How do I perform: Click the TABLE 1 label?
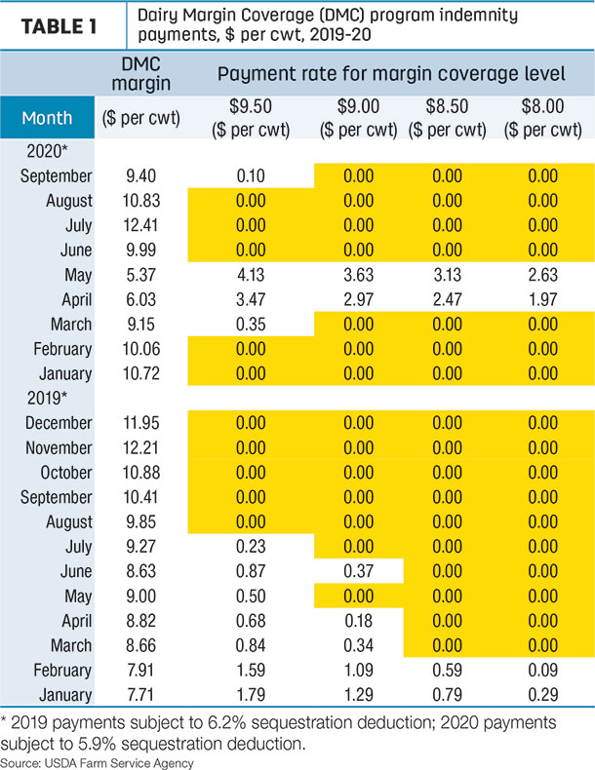[59, 26]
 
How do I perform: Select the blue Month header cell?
[47, 117]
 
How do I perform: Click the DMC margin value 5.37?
[141, 275]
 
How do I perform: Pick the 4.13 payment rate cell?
[251, 275]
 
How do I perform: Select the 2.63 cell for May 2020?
[543, 275]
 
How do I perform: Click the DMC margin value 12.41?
[141, 225]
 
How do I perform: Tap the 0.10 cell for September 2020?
[251, 175]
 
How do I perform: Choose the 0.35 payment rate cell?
[251, 325]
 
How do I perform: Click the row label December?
[59, 423]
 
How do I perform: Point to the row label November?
[59, 447]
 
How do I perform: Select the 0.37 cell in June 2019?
[359, 571]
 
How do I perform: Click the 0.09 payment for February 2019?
[543, 670]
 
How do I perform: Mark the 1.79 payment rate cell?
[251, 694]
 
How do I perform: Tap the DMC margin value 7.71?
[141, 694]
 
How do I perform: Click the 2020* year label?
[47, 151]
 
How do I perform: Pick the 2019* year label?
[47, 398]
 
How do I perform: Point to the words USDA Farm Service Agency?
[119, 763]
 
